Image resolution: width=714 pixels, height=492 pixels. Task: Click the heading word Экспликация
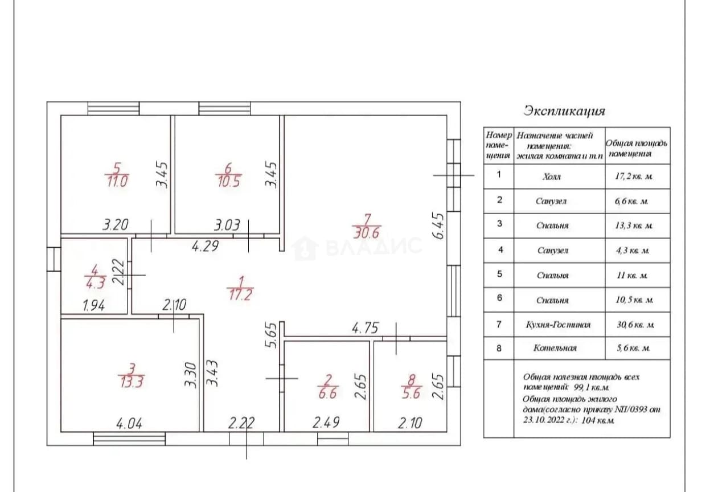pos(564,111)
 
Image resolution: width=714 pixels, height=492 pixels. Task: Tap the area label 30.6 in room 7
pos(367,233)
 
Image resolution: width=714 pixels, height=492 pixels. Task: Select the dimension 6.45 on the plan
pos(438,226)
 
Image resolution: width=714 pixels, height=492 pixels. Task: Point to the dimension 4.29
pos(206,246)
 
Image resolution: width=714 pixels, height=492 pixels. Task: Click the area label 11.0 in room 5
pos(117,182)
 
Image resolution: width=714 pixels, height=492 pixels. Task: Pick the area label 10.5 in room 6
pos(228,182)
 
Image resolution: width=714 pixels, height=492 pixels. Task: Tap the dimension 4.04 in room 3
pos(129,424)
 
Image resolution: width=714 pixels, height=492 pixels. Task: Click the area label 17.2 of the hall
pos(241,295)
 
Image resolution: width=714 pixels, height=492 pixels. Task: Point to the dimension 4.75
pos(366,328)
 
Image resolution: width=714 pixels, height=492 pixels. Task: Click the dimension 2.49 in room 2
pos(326,423)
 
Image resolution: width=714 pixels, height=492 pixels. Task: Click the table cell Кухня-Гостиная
pos(558,325)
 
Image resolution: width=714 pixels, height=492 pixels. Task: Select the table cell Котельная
pos(555,348)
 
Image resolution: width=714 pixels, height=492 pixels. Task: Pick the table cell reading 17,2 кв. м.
pos(634,177)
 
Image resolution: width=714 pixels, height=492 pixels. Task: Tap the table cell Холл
pos(552,177)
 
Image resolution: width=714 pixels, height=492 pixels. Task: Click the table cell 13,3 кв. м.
pos(634,225)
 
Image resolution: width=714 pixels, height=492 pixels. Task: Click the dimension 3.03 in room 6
pos(227,225)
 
